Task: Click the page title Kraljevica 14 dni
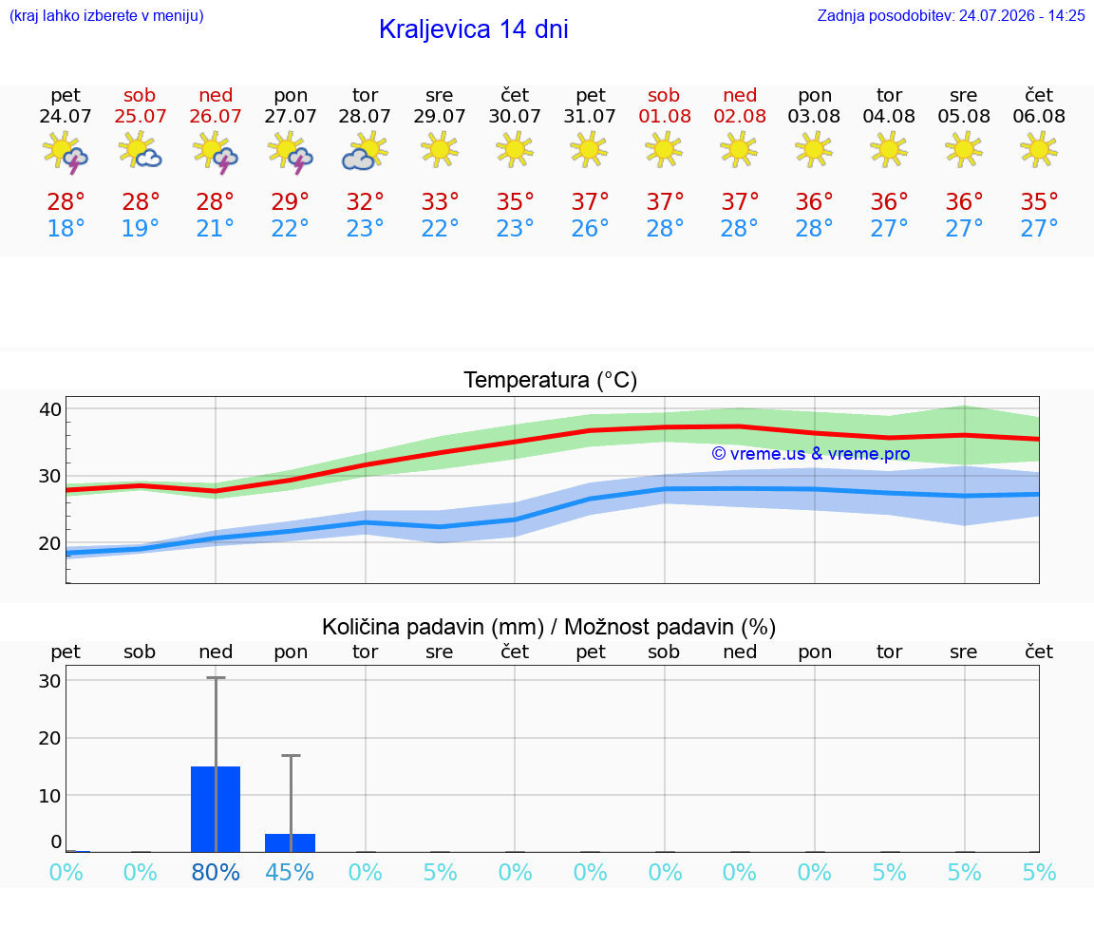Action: coord(473,29)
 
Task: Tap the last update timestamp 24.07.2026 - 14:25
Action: coord(1022,15)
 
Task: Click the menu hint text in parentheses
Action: coord(106,15)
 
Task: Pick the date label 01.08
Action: coord(664,116)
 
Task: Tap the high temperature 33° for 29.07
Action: coord(440,201)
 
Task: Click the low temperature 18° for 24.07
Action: coord(66,228)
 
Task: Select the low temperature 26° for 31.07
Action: coord(590,228)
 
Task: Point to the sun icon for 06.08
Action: coord(1039,150)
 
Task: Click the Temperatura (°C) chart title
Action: coord(551,380)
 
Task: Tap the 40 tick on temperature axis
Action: coord(50,409)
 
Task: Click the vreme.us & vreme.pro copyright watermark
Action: coord(811,454)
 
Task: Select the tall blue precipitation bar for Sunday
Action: coord(216,809)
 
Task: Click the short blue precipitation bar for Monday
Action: coord(291,843)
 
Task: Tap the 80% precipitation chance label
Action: coord(216,872)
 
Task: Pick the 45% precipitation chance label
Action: coord(290,872)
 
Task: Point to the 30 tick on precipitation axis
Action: coord(50,680)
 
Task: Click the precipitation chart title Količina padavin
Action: coord(433,627)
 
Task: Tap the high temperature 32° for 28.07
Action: coord(365,201)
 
